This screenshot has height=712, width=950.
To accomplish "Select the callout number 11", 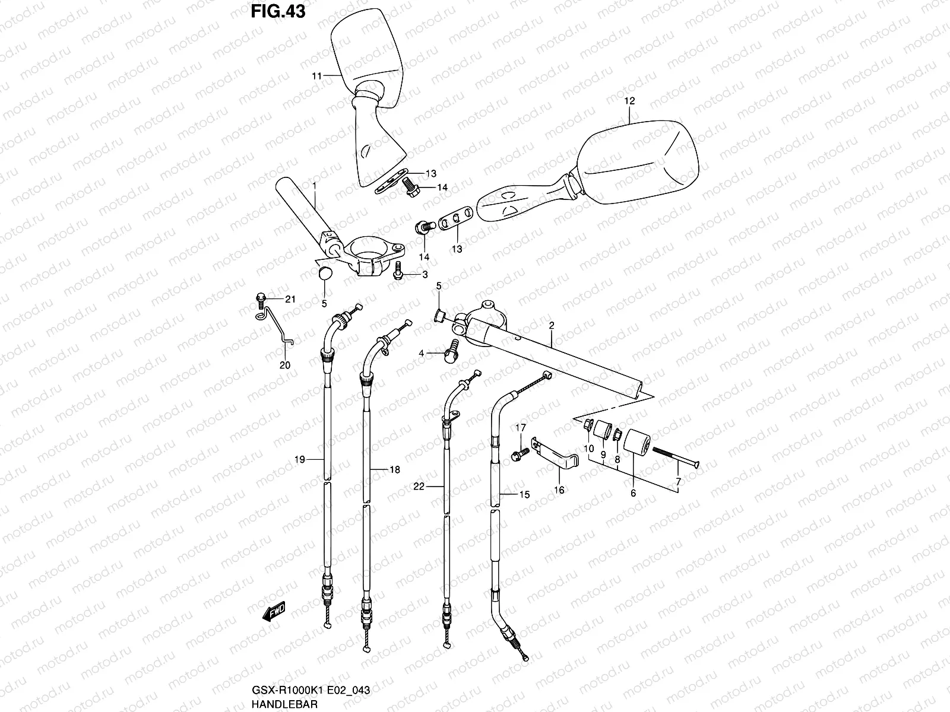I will click(x=316, y=76).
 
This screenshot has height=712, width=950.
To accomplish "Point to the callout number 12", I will click(x=629, y=101).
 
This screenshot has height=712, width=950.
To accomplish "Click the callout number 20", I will click(x=285, y=365).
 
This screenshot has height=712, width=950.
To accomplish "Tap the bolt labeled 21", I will click(x=260, y=300).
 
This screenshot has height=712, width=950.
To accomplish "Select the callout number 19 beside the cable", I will click(x=299, y=459).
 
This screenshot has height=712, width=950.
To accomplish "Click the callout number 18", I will click(x=394, y=469).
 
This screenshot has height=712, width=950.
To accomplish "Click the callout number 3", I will click(x=425, y=274).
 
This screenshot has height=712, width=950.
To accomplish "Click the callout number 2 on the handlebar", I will click(x=551, y=326).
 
